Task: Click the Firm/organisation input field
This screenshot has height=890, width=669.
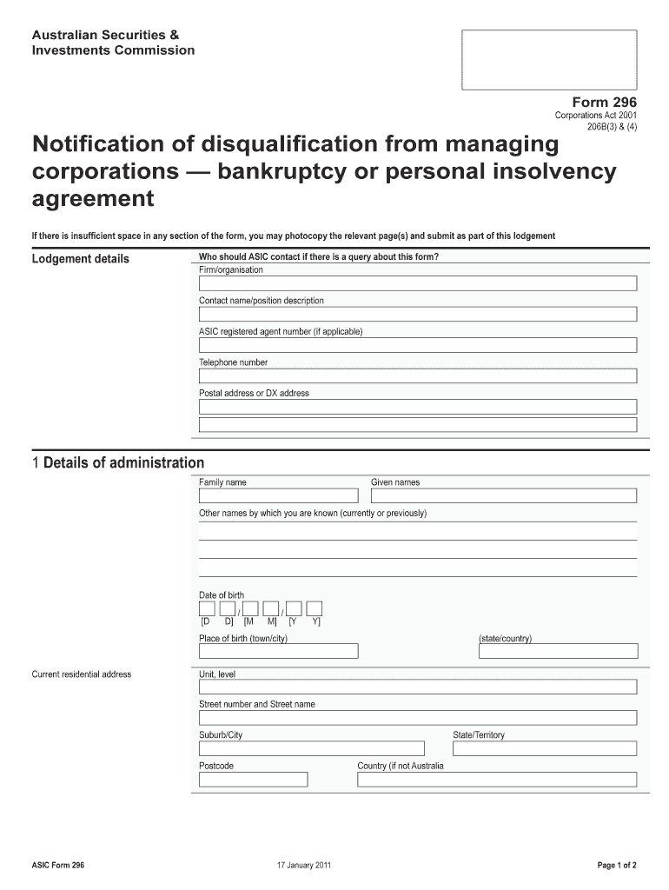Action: click(x=418, y=283)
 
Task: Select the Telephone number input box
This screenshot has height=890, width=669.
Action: click(x=418, y=376)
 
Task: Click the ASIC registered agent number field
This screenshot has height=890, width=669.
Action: click(x=418, y=345)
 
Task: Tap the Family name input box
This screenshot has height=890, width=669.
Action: click(x=278, y=495)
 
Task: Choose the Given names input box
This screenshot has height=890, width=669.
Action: click(x=504, y=495)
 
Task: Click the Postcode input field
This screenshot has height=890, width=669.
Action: click(x=254, y=780)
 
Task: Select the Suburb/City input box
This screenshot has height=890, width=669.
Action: click(x=312, y=748)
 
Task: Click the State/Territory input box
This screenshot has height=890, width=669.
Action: click(x=545, y=748)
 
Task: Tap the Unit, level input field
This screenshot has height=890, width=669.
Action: click(x=418, y=687)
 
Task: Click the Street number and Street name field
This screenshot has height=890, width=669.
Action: click(x=418, y=718)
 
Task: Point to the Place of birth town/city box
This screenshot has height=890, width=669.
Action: click(x=279, y=651)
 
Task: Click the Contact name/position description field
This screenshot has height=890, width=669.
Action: click(x=418, y=314)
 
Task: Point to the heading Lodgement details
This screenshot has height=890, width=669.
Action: click(x=80, y=259)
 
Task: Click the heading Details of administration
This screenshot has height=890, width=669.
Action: click(x=123, y=463)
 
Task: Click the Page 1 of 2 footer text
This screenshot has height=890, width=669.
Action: click(x=617, y=865)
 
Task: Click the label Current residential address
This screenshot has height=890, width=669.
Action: click(x=82, y=674)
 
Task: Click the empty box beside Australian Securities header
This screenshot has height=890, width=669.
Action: click(x=549, y=59)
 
